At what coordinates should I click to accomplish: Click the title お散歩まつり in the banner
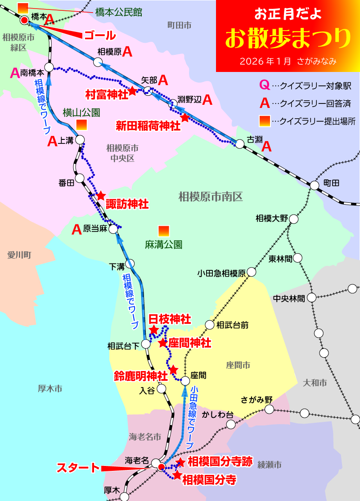[288, 39]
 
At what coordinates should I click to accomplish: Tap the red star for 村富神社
[132, 91]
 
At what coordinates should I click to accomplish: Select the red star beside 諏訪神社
[101, 196]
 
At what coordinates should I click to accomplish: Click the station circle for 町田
[315, 185]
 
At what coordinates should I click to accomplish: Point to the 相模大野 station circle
[294, 219]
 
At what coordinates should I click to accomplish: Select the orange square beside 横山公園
[81, 125]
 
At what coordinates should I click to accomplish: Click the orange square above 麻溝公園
[164, 231]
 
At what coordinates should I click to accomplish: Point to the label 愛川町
[19, 255]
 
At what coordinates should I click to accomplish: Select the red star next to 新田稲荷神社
[185, 117]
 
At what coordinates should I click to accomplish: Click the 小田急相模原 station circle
[251, 272]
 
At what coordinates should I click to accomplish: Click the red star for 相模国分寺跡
[180, 462]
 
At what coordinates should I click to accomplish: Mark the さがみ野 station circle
[269, 409]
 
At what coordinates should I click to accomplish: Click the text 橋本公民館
[118, 12]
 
